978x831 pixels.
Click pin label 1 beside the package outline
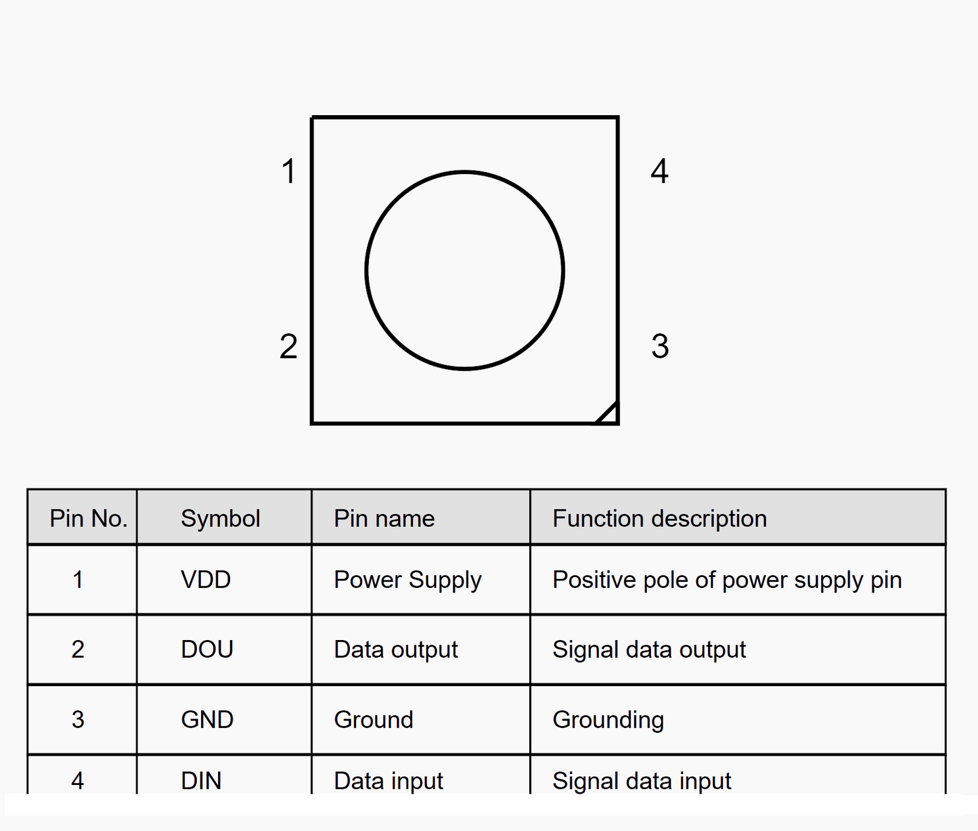(289, 171)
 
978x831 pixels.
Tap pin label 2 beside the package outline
(288, 347)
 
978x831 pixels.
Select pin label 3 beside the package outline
(660, 347)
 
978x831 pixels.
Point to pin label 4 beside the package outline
(660, 171)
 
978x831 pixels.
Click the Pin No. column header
(89, 519)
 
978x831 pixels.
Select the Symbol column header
(220, 519)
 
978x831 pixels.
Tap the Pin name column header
(384, 519)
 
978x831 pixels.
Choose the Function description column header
(659, 519)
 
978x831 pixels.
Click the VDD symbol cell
(206, 580)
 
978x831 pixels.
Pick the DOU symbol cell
(207, 649)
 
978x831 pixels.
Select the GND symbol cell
(207, 719)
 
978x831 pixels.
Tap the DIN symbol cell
(201, 781)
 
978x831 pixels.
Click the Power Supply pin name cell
(407, 580)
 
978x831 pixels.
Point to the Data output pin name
(396, 649)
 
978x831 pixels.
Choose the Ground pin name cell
(374, 719)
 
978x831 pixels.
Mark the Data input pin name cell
(388, 781)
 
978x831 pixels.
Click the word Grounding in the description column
(608, 720)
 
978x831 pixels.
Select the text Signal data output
(649, 649)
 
